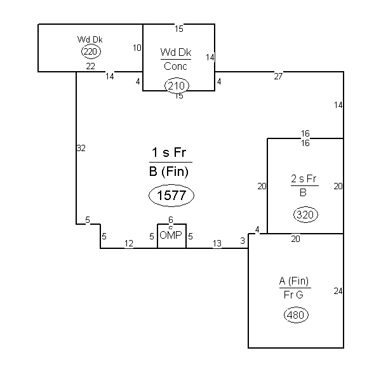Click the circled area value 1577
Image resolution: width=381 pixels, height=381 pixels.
171,196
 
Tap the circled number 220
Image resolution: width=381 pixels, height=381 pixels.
91,52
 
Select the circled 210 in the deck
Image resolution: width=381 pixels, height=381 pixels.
177,86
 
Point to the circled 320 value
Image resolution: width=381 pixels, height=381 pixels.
305,215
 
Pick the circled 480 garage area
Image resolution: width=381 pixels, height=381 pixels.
296,315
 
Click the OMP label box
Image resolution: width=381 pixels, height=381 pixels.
172,236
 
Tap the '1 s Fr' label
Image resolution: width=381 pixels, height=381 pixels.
169,152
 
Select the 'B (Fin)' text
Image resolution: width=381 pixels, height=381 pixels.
169,171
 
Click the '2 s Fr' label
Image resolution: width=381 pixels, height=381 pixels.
304,179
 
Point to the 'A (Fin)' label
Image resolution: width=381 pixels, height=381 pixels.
294,281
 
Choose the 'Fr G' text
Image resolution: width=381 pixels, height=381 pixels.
293,295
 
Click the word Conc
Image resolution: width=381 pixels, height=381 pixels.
175,66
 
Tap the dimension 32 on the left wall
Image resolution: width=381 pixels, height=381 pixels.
81,148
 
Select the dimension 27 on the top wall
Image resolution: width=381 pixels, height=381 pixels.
279,76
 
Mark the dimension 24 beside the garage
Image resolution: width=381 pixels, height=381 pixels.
338,291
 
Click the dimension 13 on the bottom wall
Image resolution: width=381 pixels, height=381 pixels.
217,243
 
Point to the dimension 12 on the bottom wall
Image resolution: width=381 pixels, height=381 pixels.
129,243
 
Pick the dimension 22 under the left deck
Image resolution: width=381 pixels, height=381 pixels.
91,66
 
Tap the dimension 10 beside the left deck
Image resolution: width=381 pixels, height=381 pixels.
137,48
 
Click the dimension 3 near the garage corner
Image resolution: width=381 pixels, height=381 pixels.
243,241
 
